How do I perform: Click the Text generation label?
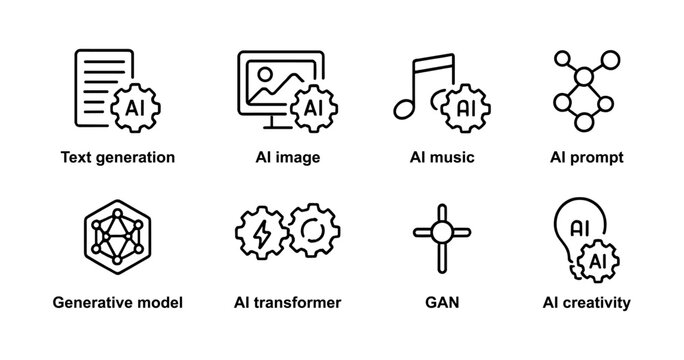(x=118, y=157)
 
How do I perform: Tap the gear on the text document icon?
(x=139, y=104)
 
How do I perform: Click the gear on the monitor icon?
(x=313, y=105)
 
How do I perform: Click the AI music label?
(x=442, y=157)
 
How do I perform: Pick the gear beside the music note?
(x=465, y=104)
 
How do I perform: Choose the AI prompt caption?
(x=588, y=157)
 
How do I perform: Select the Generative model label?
(x=119, y=301)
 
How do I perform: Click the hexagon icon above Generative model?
(x=112, y=236)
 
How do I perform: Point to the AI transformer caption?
(x=286, y=301)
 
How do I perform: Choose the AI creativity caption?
(x=588, y=301)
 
